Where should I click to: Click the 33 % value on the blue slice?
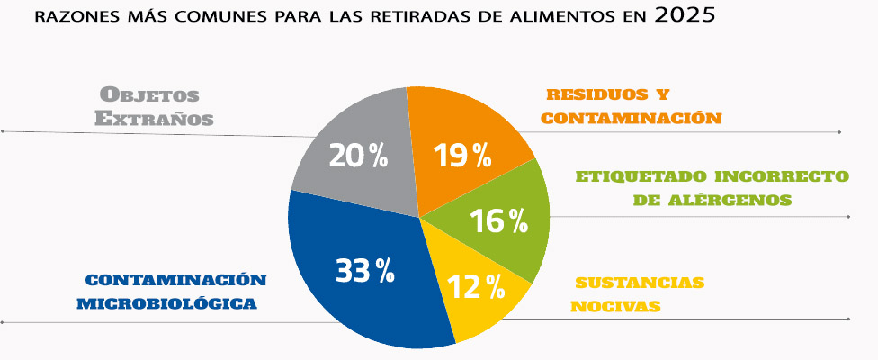[365, 270]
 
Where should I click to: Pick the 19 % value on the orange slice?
[462, 156]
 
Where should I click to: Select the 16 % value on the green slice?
[498, 221]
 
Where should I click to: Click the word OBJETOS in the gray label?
[148, 94]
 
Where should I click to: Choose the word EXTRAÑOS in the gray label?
[154, 118]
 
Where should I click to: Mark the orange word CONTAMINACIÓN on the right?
[632, 117]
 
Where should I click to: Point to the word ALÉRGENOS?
[735, 199]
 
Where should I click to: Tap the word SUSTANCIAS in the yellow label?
[639, 283]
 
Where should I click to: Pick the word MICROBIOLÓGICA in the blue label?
[166, 303]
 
